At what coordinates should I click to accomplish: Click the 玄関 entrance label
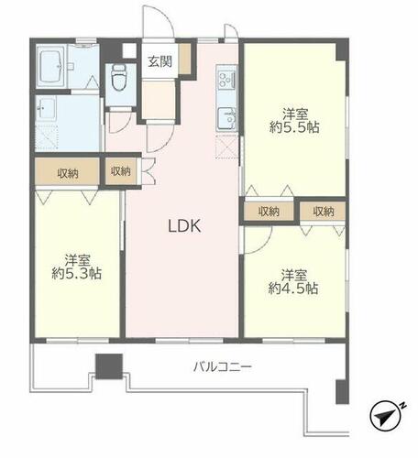[x=160, y=61]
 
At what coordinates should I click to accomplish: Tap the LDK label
[x=184, y=226]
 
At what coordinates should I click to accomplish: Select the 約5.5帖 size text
[x=294, y=127]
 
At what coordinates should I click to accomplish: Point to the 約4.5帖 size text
[x=293, y=289]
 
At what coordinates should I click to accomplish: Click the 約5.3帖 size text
[x=77, y=273]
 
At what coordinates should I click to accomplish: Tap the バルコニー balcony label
[x=223, y=366]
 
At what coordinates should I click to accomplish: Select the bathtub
[x=51, y=67]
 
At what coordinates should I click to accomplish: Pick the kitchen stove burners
[x=226, y=79]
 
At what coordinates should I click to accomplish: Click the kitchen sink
[x=226, y=119]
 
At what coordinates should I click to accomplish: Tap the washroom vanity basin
[x=45, y=108]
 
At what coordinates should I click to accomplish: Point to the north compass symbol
[x=385, y=416]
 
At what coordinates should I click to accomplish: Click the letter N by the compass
[x=403, y=406]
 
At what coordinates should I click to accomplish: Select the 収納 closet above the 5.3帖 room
[x=68, y=172]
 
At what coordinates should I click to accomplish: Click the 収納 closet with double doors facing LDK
[x=121, y=171]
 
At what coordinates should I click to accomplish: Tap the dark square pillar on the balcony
[x=109, y=366]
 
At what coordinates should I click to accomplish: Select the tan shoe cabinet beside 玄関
[x=185, y=59]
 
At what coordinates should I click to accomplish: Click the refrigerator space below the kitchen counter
[x=226, y=147]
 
